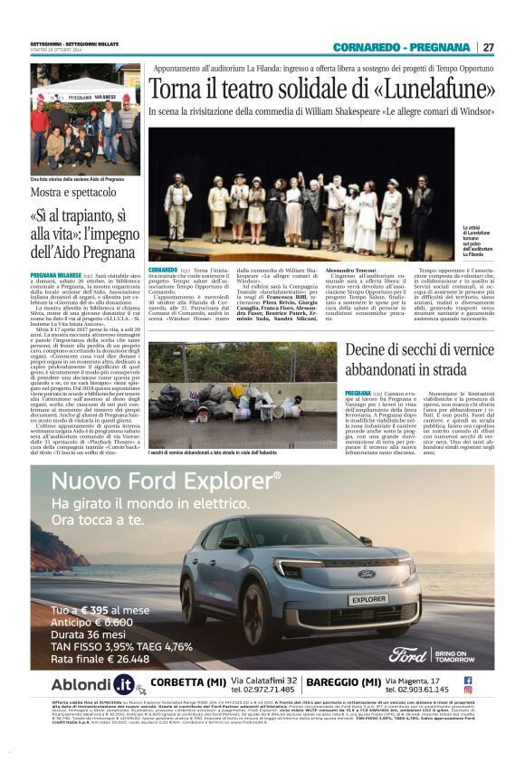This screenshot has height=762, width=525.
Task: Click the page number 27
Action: click(x=488, y=47)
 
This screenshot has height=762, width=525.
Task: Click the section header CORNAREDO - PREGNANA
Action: click(x=401, y=47)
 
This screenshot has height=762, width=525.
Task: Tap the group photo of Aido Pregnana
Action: click(x=84, y=119)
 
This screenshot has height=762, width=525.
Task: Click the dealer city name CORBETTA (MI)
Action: click(x=188, y=682)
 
